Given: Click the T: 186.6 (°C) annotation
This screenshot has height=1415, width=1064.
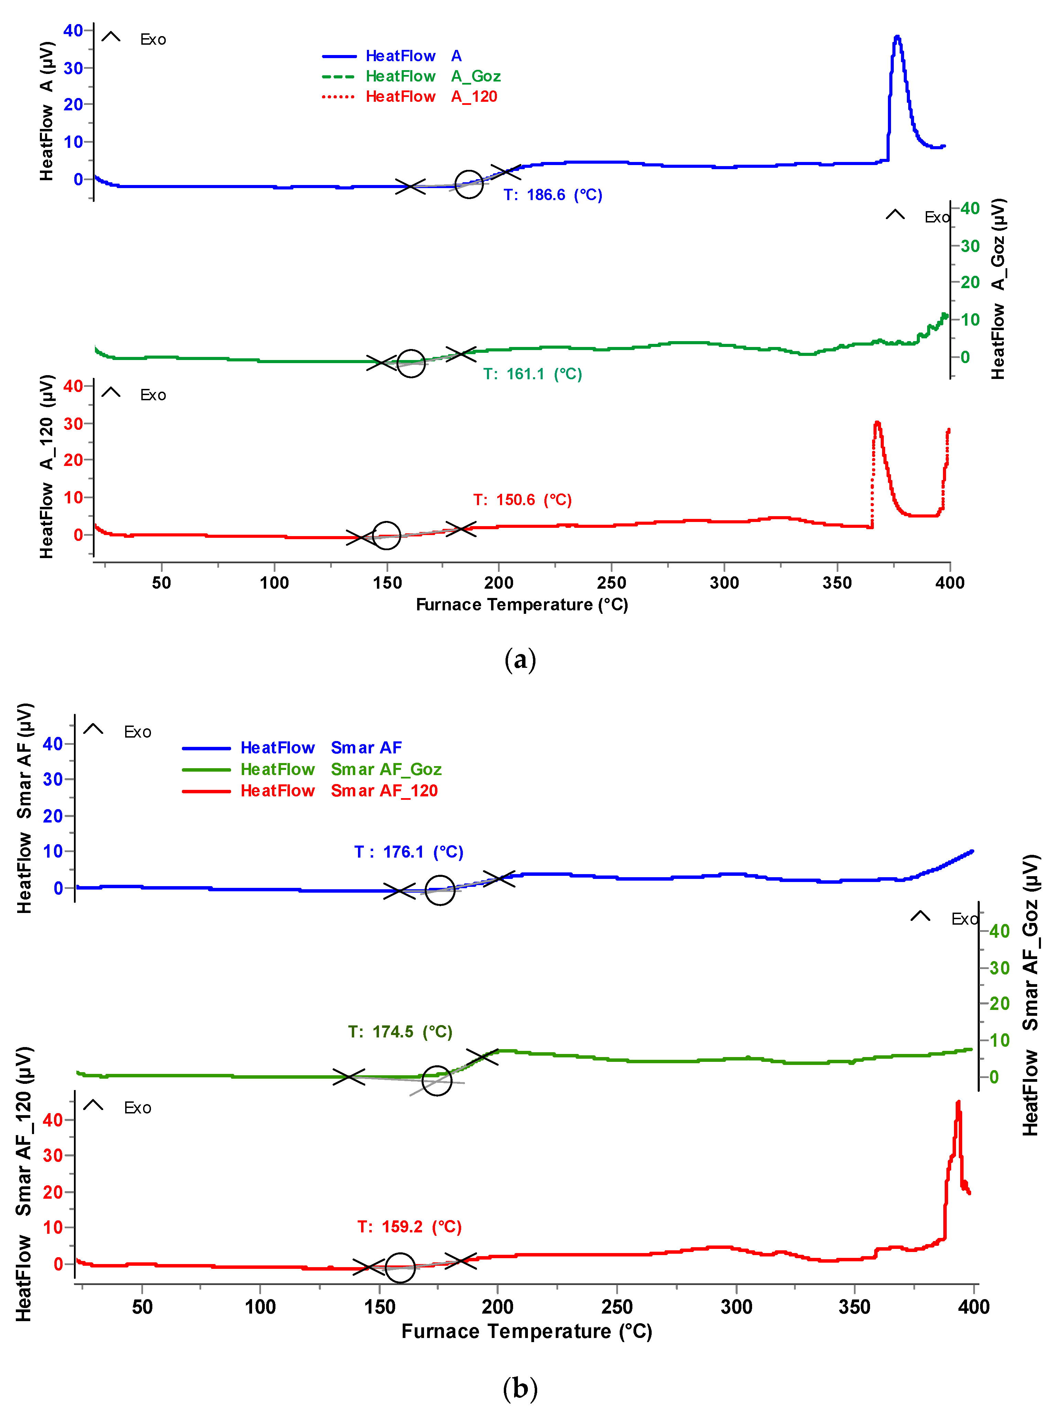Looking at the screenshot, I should [553, 195].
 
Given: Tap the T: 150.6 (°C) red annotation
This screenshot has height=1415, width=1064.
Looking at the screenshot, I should [522, 500].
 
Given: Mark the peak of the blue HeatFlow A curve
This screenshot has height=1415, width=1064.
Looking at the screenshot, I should [897, 37].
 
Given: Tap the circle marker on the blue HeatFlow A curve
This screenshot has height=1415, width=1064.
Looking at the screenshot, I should [469, 184].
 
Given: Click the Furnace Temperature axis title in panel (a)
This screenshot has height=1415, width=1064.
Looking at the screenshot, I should [521, 605].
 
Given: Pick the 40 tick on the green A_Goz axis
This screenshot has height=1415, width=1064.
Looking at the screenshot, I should [970, 208].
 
